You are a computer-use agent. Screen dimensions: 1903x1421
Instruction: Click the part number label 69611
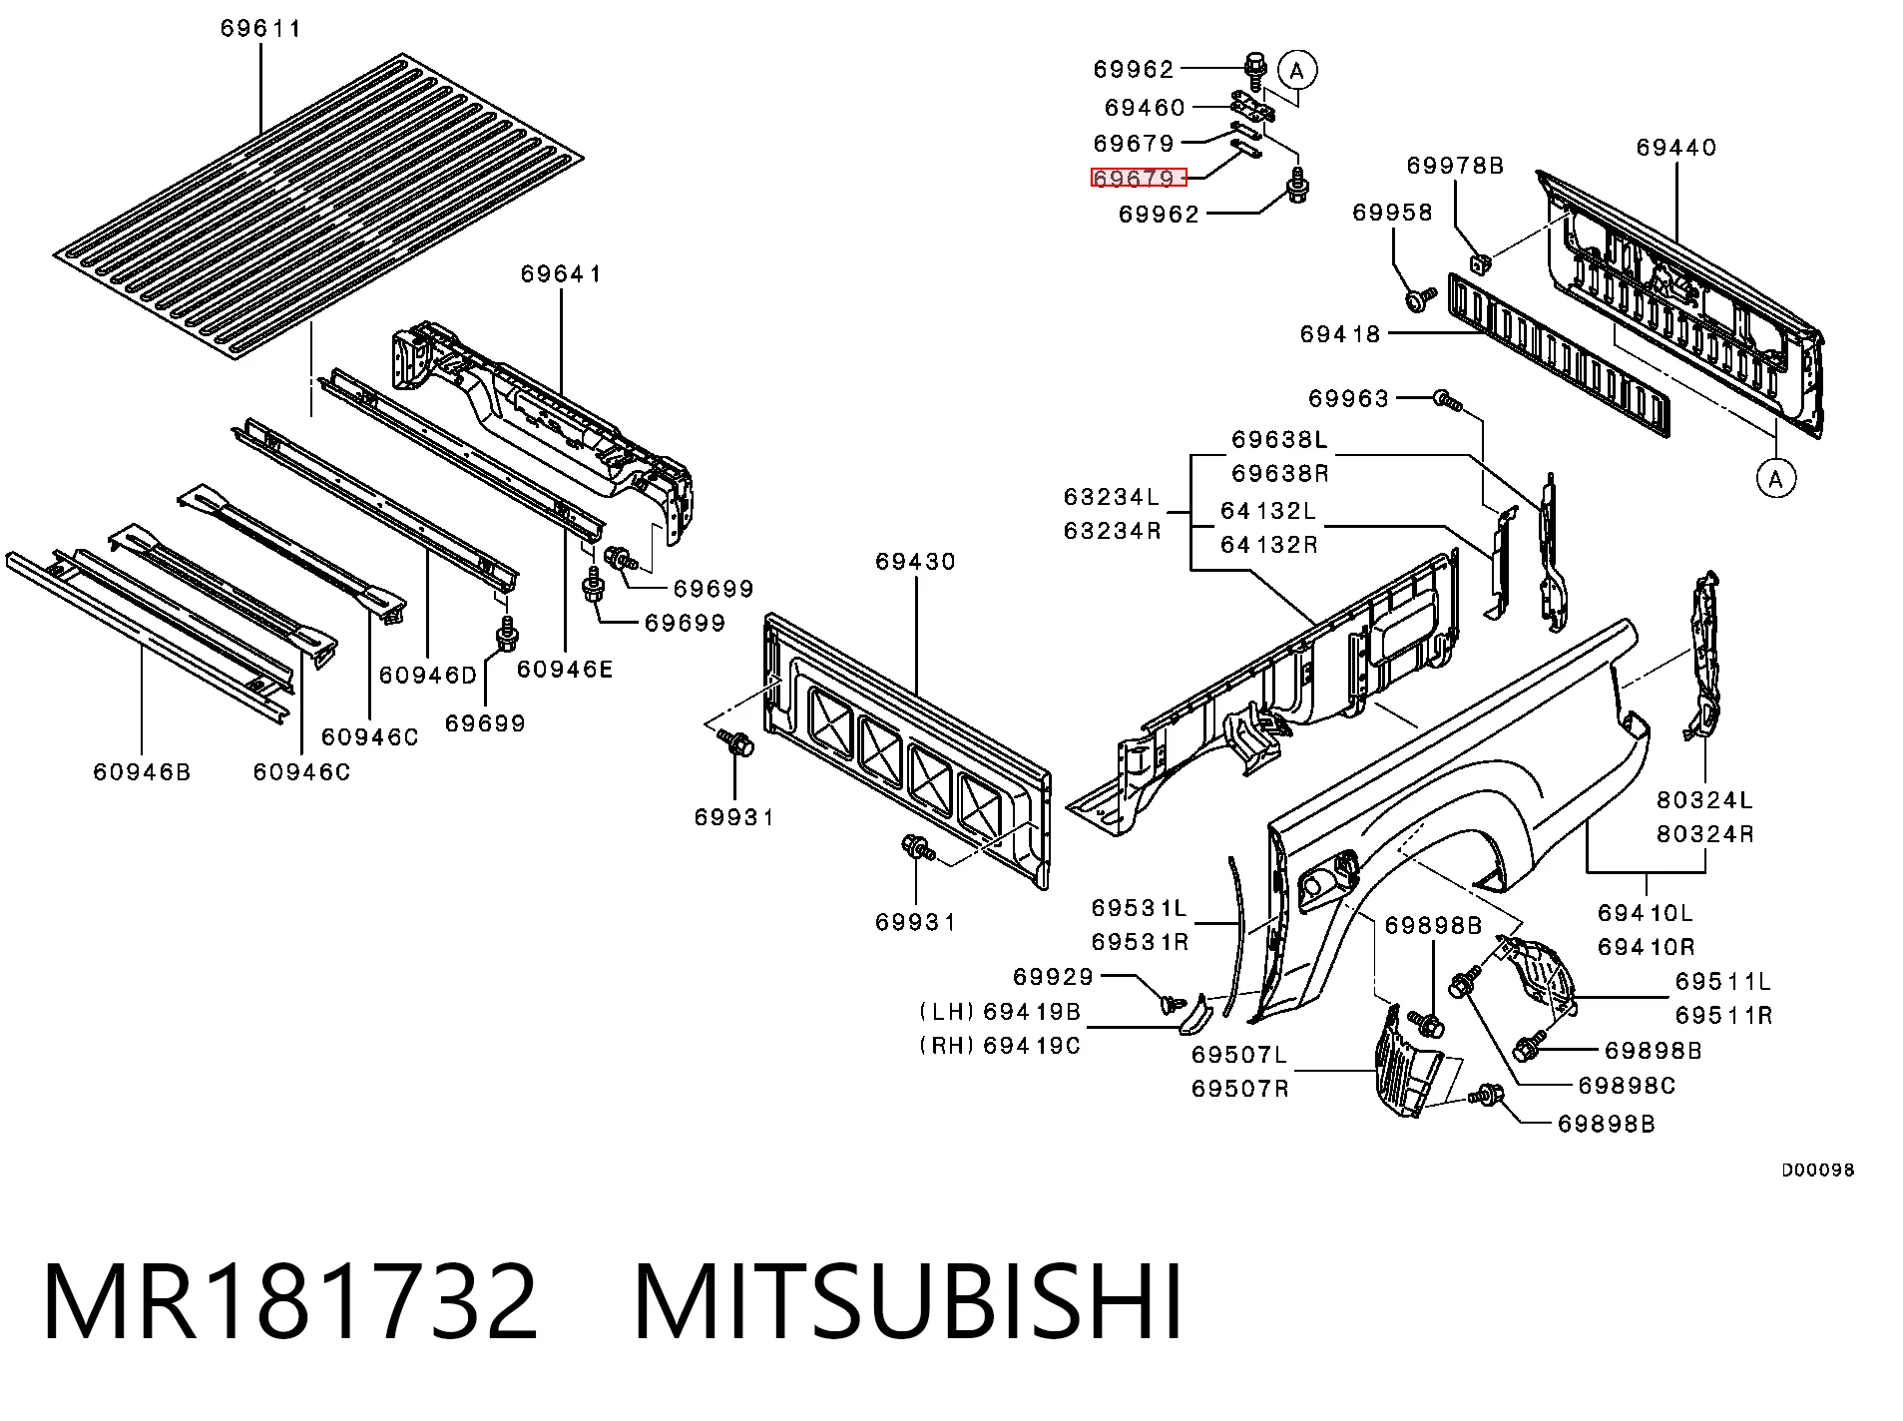[x=260, y=28]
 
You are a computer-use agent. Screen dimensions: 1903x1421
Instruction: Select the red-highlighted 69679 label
[x=1138, y=178]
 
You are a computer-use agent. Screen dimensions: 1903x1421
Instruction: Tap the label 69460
[x=1145, y=107]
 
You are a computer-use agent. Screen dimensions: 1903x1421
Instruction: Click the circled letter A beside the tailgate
[x=1775, y=479]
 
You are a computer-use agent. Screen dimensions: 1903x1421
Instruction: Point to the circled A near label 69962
[x=1297, y=70]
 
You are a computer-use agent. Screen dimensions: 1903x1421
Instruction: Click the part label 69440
[x=1676, y=147]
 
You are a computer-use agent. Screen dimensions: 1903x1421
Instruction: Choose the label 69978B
[x=1455, y=165]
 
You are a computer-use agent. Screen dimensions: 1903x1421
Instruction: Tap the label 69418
[x=1340, y=334]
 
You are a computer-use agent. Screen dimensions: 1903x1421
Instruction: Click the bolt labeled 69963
[x=1447, y=401]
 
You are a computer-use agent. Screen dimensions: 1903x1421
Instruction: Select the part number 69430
[x=916, y=561]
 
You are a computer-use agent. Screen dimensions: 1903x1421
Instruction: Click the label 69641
[x=561, y=273]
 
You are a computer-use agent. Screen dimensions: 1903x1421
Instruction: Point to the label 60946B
[x=142, y=771]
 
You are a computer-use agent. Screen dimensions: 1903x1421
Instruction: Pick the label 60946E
[x=565, y=669]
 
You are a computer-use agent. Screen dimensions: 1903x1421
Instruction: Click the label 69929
[x=1054, y=976]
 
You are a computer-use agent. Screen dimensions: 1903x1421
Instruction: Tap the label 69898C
[x=1627, y=1085]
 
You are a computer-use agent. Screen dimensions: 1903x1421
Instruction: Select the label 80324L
[x=1704, y=799]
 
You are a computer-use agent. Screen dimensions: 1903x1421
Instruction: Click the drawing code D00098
[x=1818, y=1170]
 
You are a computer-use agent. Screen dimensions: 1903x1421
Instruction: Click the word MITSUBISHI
[x=908, y=1302]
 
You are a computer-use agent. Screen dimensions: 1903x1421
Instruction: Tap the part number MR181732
[x=290, y=1302]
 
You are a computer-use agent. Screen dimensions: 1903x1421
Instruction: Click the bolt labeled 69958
[x=1420, y=297]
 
